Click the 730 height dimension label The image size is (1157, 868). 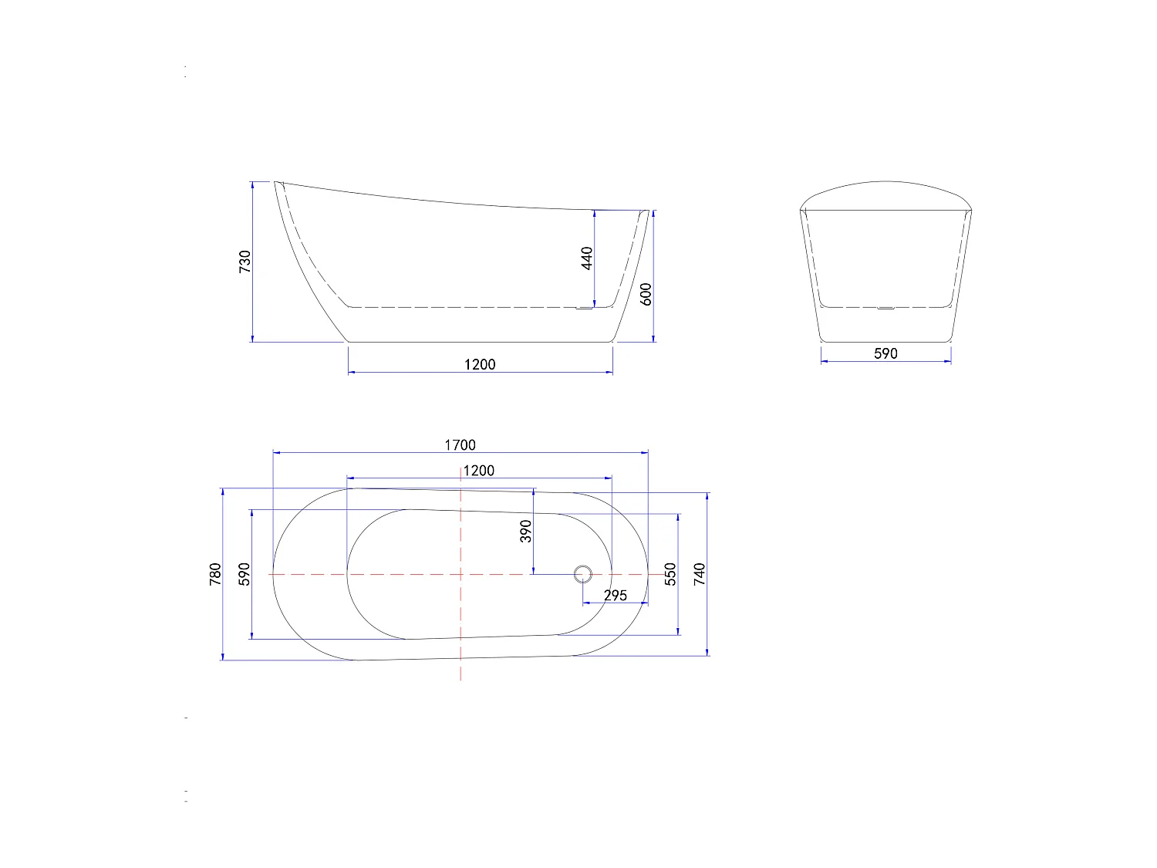tap(245, 262)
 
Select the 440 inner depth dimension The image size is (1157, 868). tap(587, 258)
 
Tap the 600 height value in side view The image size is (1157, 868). tap(646, 294)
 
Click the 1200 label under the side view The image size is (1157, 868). tap(480, 364)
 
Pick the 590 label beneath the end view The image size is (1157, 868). tap(885, 353)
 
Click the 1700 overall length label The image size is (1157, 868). tap(460, 445)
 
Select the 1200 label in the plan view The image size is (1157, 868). tap(478, 471)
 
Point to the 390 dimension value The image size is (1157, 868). tap(526, 531)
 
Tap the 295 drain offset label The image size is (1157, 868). tap(615, 596)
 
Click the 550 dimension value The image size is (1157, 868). tap(670, 574)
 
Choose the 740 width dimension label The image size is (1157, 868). tap(699, 574)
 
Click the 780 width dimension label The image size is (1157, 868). tap(215, 574)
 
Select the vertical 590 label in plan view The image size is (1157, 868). tap(245, 574)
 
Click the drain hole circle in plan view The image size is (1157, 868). tap(582, 574)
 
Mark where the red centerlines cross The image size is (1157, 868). tap(460, 574)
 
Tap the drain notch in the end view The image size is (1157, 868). tap(885, 308)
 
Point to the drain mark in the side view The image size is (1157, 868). tap(584, 309)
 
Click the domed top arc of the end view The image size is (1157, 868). tap(885, 183)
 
